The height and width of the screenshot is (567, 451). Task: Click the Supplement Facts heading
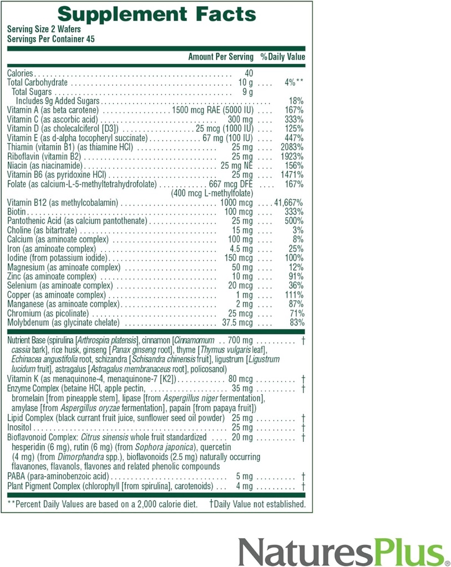(x=156, y=14)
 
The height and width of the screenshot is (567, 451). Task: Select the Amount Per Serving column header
(x=221, y=56)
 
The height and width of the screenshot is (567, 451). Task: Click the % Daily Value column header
(x=283, y=56)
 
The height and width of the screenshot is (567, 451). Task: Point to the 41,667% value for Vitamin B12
(x=288, y=203)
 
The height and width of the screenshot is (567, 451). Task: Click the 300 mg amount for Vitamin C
(x=240, y=119)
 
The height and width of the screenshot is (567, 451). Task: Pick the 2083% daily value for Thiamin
(x=292, y=147)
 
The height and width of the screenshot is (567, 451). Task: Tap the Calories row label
(x=21, y=73)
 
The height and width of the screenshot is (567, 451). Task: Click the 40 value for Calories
(x=248, y=73)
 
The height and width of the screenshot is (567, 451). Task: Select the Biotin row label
(x=17, y=212)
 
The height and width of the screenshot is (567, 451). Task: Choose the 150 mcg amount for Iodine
(x=239, y=258)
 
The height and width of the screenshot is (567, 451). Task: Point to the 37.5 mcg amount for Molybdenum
(x=237, y=323)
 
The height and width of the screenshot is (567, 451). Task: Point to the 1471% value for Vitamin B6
(x=292, y=174)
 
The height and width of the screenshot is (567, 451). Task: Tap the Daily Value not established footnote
(x=257, y=504)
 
